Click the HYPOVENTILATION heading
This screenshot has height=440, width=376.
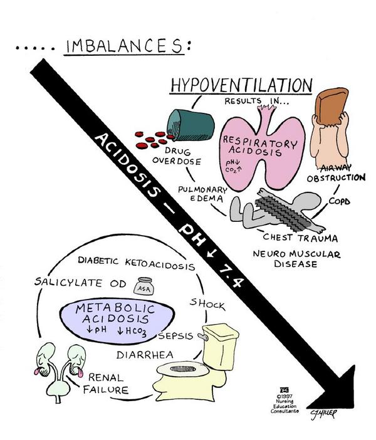241,85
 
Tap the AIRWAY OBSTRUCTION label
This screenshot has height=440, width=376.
336,172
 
